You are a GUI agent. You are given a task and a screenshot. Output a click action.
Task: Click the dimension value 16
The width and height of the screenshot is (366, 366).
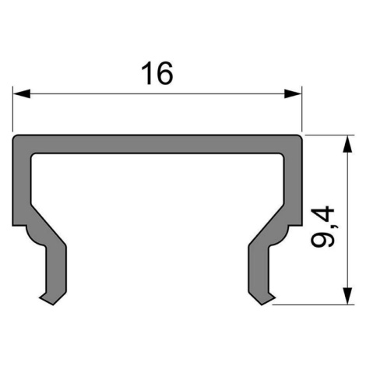click(x=157, y=73)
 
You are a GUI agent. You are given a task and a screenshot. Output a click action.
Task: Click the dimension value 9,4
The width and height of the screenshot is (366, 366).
click(x=322, y=227)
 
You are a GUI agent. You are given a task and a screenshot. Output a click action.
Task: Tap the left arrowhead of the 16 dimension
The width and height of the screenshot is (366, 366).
click(x=22, y=93)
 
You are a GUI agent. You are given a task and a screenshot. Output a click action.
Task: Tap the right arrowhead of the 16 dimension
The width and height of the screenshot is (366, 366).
click(x=293, y=93)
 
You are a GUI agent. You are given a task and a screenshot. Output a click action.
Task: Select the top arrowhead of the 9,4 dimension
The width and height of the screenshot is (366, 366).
click(x=347, y=144)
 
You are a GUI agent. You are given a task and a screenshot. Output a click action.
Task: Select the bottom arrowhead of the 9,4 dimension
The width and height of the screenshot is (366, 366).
click(x=347, y=296)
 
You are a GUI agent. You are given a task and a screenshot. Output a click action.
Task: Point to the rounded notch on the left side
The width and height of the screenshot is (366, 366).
click(x=33, y=236)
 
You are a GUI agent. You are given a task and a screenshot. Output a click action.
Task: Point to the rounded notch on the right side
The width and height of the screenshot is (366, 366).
click(x=280, y=236)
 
